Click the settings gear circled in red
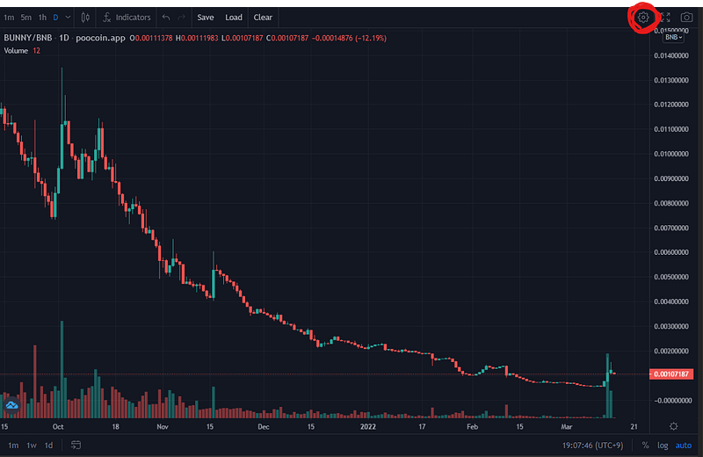coord(643,18)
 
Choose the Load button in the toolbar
coord(234,18)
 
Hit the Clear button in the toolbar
coord(263,18)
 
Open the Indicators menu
coord(127,18)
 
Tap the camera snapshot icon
coord(686,18)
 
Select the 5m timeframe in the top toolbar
coord(26,18)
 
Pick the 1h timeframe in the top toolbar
coord(42,18)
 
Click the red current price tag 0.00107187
coord(671,374)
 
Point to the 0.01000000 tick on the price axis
coord(671,154)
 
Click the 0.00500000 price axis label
coord(671,277)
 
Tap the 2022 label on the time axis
coord(368,426)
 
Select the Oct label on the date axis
coord(58,426)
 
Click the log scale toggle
coord(663,446)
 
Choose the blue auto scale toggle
coord(684,446)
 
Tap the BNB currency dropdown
coord(673,37)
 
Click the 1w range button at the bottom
coord(32,446)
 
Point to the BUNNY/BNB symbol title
coord(28,38)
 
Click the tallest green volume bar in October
coord(62,369)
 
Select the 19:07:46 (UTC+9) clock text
coord(592,446)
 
